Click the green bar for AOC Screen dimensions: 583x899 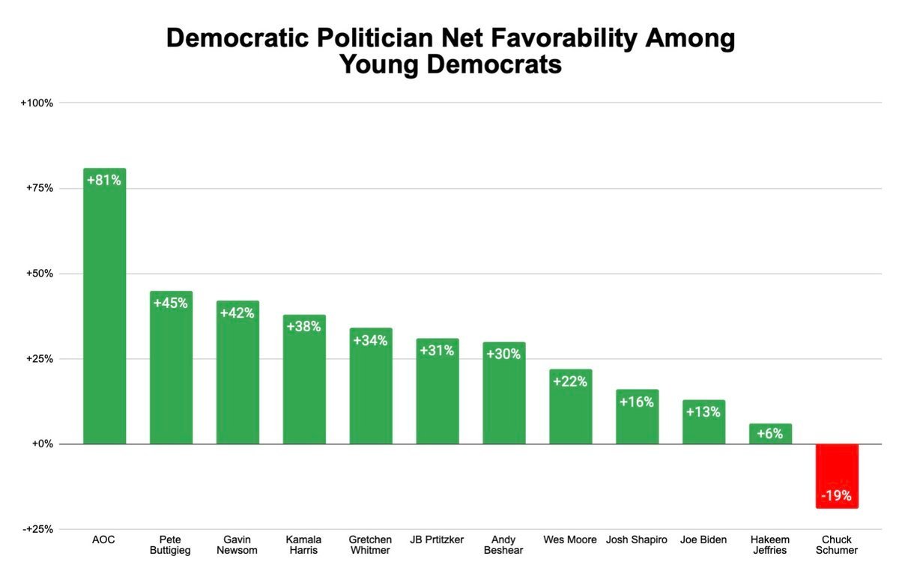coord(104,315)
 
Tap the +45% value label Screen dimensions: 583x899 coord(171,303)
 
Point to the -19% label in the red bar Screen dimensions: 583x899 coord(837,496)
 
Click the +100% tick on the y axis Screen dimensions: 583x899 coord(37,103)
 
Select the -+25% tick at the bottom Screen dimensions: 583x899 coord(37,529)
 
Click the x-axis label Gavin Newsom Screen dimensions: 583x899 coord(237,545)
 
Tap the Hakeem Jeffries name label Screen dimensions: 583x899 coord(770,545)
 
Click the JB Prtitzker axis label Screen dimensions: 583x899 coord(438,540)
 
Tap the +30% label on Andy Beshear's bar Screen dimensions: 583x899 coord(503,354)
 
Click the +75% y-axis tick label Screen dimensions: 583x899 coord(38,188)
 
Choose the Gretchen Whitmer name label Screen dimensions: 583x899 coord(370,545)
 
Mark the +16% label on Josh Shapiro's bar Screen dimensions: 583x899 coord(637,402)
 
